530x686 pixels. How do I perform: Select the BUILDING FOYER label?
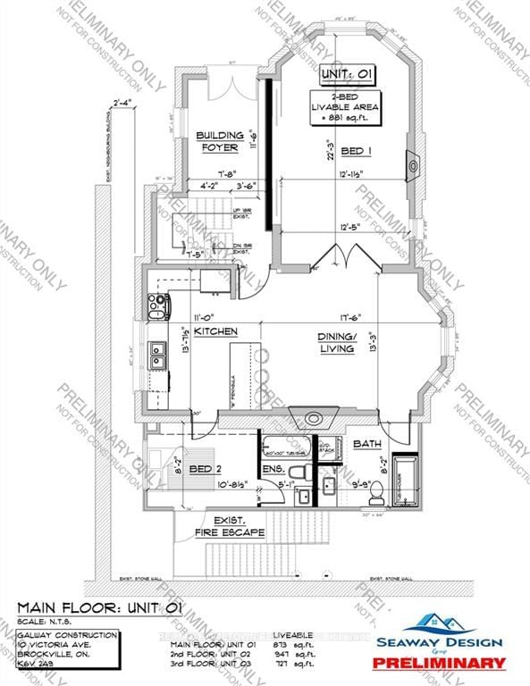pos(220,141)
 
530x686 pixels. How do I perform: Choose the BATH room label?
pos(366,444)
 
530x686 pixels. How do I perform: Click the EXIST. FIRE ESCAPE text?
pos(231,526)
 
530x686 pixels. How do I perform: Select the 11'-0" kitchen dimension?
pos(206,316)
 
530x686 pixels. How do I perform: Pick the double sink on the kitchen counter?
pos(156,356)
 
